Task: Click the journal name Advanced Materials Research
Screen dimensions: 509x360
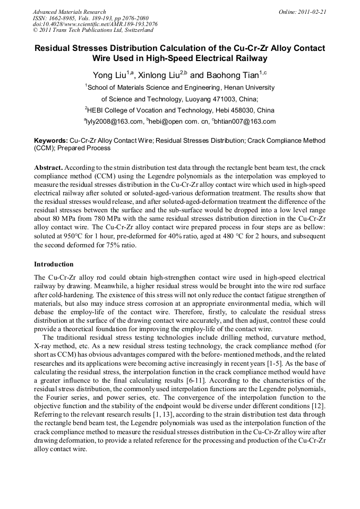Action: coord(69,12)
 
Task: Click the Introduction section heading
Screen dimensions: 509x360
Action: coord(54,264)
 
